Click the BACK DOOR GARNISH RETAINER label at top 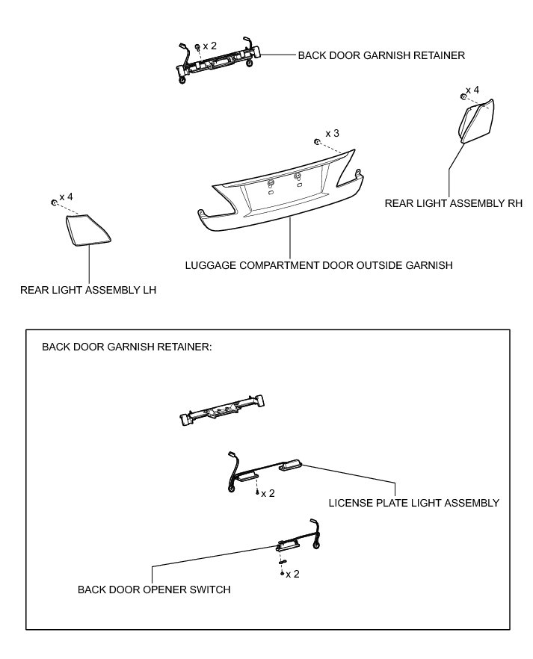tap(381, 55)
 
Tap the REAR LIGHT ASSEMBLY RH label tap(453, 202)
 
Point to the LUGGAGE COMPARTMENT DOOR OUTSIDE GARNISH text tap(319, 265)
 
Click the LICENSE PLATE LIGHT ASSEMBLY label tap(413, 503)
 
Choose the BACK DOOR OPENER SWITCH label tap(154, 590)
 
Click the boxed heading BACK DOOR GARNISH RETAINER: tap(127, 347)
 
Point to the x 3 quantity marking tap(332, 133)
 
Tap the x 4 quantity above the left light tap(66, 197)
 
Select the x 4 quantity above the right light tap(472, 90)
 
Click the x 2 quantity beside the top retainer tap(209, 46)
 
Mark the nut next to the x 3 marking tap(318, 141)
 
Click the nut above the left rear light tap(54, 202)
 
